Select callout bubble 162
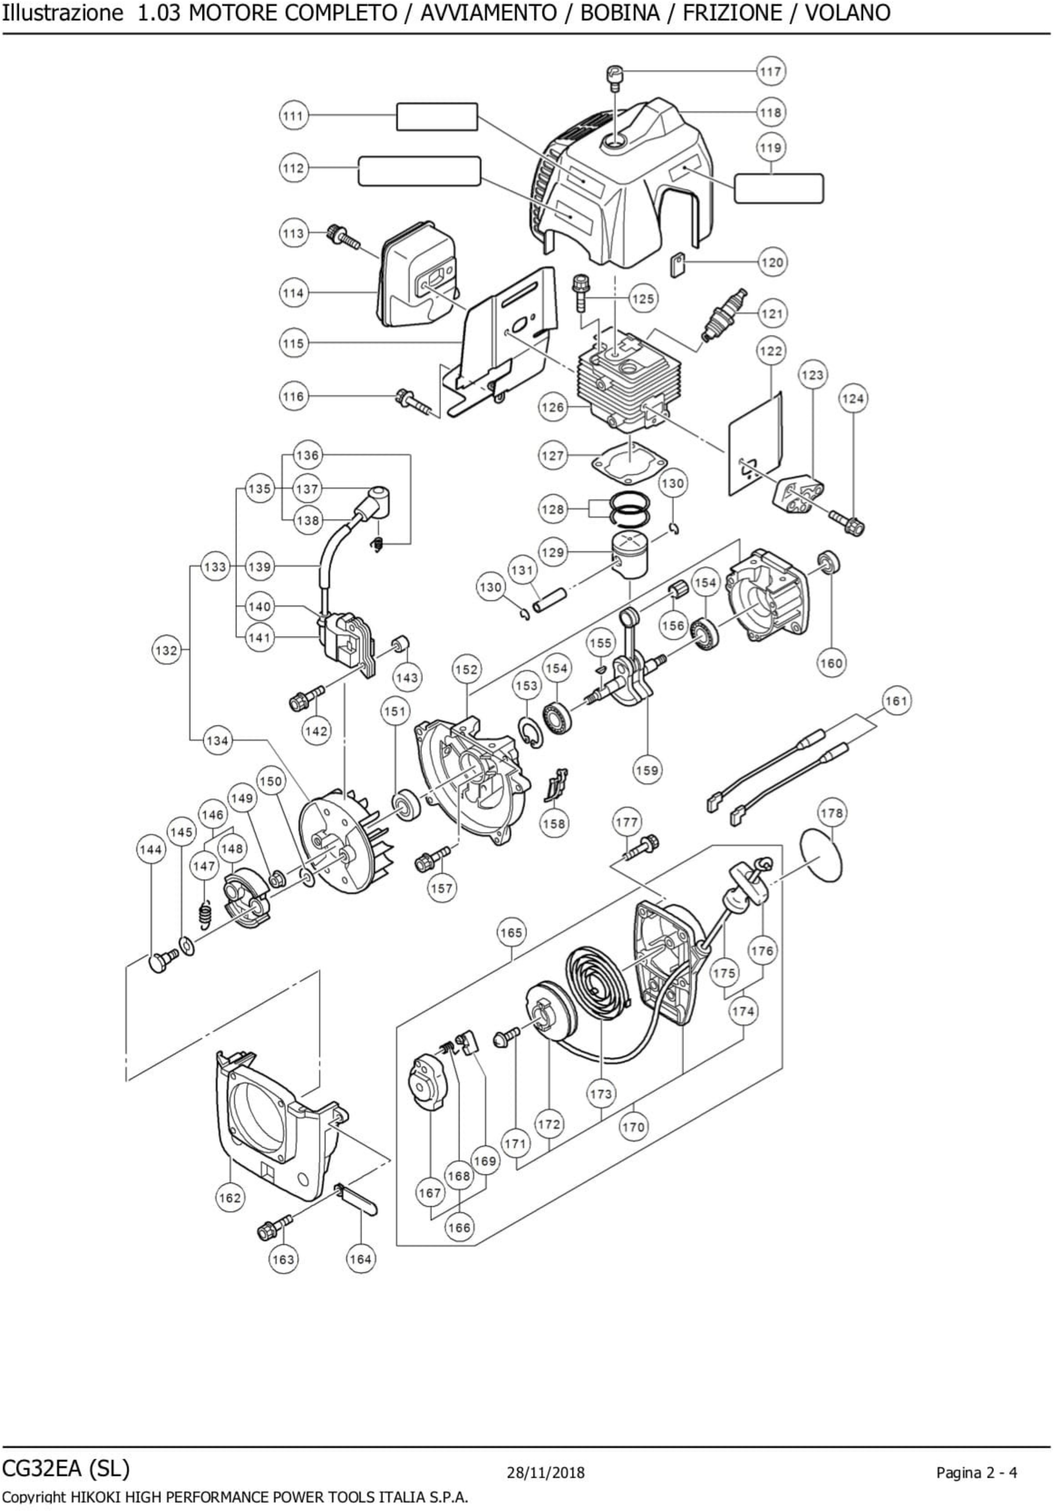point(230,1197)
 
